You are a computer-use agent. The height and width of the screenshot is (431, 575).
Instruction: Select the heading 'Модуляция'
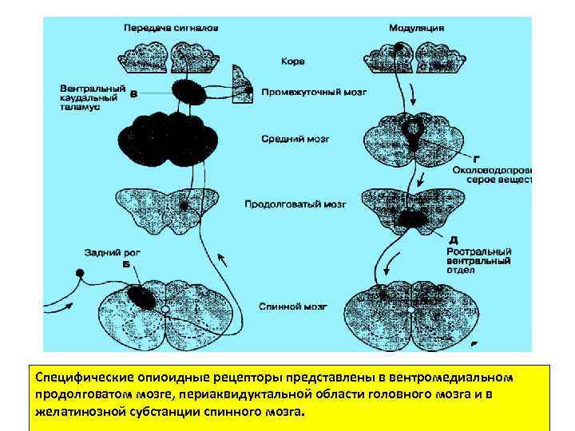point(416,28)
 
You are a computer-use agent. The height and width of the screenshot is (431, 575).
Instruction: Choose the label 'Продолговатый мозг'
point(295,204)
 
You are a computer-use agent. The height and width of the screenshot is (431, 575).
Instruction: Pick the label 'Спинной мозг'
point(286,306)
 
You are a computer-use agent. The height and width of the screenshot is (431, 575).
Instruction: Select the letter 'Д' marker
point(453,239)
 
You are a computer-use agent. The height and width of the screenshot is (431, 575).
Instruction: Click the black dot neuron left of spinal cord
point(79,275)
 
